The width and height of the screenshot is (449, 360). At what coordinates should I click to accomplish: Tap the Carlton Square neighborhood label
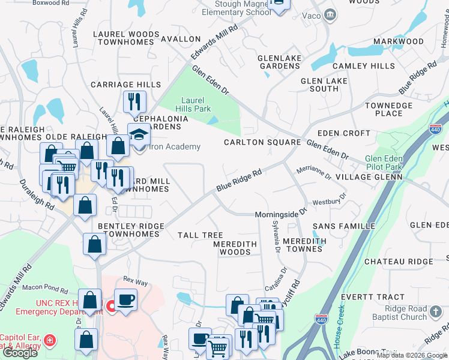(x=262, y=142)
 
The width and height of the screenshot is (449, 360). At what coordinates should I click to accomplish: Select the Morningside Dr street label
(x=280, y=213)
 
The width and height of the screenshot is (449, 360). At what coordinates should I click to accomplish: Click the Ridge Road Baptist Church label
(x=397, y=313)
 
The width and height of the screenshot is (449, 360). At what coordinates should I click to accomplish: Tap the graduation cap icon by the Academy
(x=139, y=134)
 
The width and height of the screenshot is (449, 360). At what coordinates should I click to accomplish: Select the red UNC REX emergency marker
(x=111, y=307)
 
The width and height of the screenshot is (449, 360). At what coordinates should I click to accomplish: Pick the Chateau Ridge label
(x=398, y=262)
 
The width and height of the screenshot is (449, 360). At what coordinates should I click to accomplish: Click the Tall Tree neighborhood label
(x=200, y=236)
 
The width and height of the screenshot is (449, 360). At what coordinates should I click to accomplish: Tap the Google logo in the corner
(x=20, y=353)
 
